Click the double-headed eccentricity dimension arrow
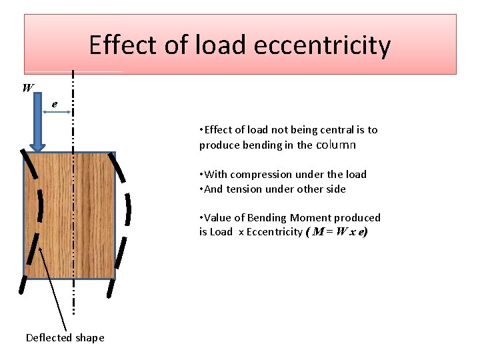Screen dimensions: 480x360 tap(57, 113)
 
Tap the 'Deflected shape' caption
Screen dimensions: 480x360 tap(65, 337)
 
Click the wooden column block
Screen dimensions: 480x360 tap(69, 214)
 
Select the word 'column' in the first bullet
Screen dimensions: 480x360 tap(336, 145)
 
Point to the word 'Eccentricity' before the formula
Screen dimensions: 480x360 tap(274, 232)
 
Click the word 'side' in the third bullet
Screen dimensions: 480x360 tap(335, 189)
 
